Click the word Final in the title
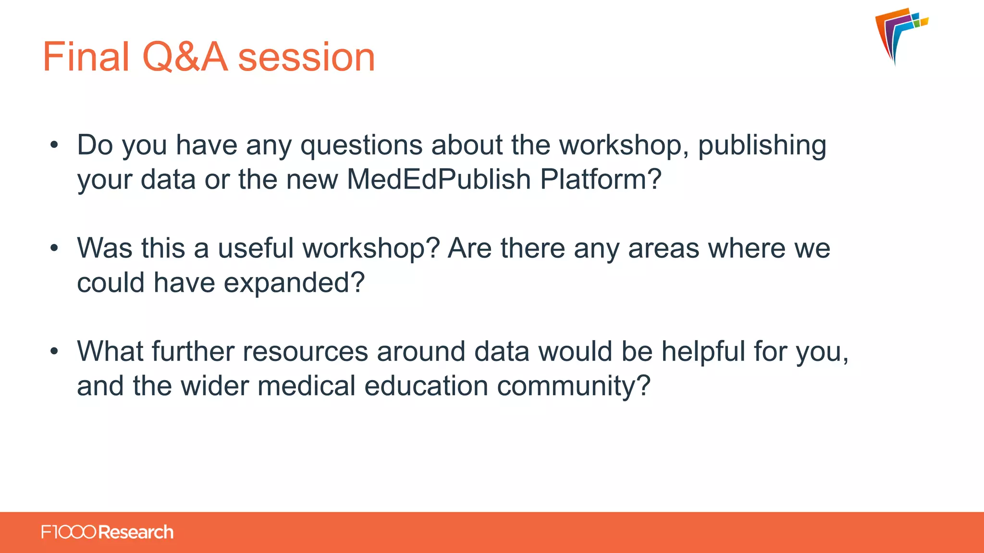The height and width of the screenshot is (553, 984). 86,57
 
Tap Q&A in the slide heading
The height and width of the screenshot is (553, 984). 184,57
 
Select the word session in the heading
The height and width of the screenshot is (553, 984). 307,58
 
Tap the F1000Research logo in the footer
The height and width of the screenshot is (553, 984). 107,532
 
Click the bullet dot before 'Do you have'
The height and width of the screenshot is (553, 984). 54,144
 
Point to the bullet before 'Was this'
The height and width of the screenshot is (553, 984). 54,248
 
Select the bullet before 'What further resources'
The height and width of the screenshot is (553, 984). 54,351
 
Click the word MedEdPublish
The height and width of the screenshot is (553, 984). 438,179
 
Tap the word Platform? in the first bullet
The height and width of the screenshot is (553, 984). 601,179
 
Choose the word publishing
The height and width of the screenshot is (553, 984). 762,145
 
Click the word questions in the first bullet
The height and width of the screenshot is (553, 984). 361,145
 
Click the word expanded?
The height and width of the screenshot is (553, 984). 294,283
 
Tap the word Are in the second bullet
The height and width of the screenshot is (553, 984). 469,248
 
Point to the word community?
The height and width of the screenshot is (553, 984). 574,386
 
